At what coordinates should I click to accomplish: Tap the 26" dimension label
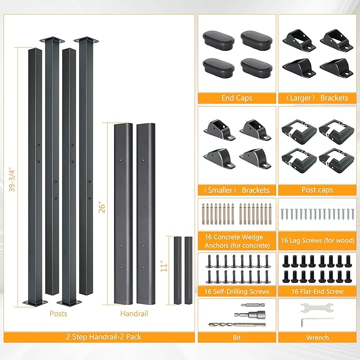click(x=102, y=207)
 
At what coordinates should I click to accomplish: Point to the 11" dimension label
click(x=164, y=266)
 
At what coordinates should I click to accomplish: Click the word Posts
click(x=58, y=314)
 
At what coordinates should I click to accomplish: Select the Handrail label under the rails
click(x=134, y=314)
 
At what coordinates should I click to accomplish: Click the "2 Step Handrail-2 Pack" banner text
click(x=103, y=337)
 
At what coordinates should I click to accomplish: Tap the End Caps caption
click(x=236, y=98)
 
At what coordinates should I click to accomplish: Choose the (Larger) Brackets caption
click(x=317, y=98)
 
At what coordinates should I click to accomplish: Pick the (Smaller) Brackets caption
click(x=236, y=190)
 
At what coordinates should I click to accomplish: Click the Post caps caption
click(x=317, y=190)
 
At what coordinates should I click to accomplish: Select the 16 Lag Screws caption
click(x=318, y=240)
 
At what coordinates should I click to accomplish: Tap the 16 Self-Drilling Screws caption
click(x=236, y=292)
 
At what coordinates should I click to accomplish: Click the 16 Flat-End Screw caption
click(x=317, y=292)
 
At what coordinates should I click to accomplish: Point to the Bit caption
click(x=236, y=338)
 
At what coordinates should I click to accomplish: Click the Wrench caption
click(x=317, y=338)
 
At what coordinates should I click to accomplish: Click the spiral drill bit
click(x=237, y=324)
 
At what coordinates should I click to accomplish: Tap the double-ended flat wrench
click(x=317, y=308)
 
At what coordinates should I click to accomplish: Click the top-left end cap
click(x=218, y=41)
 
